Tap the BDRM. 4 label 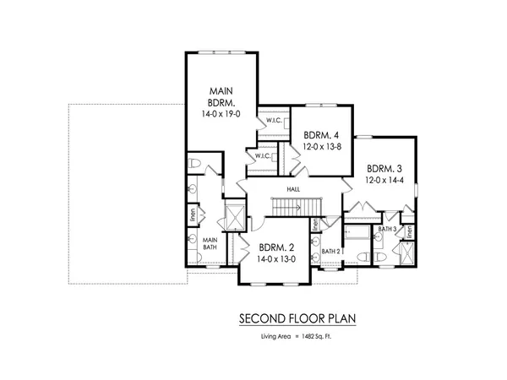pos(321,134)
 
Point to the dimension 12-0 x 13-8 pos(321,147)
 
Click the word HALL pos(293,190)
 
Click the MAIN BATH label pos(210,244)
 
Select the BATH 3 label pos(388,229)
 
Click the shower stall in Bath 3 pos(407,251)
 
